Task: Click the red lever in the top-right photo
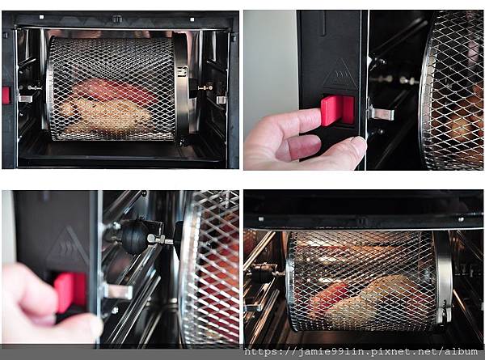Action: [337, 110]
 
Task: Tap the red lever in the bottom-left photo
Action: [70, 293]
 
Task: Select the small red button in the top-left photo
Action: [6, 95]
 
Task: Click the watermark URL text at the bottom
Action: [361, 352]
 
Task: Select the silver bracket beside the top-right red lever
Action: [382, 113]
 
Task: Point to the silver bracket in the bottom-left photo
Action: [117, 291]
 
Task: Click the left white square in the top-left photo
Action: [42, 17]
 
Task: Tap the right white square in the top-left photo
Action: [192, 19]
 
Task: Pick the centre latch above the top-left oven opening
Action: [117, 19]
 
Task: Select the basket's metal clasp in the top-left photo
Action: [182, 73]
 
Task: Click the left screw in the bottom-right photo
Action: [261, 219]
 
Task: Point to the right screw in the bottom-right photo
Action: [461, 219]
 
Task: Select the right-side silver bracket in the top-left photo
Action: [221, 100]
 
